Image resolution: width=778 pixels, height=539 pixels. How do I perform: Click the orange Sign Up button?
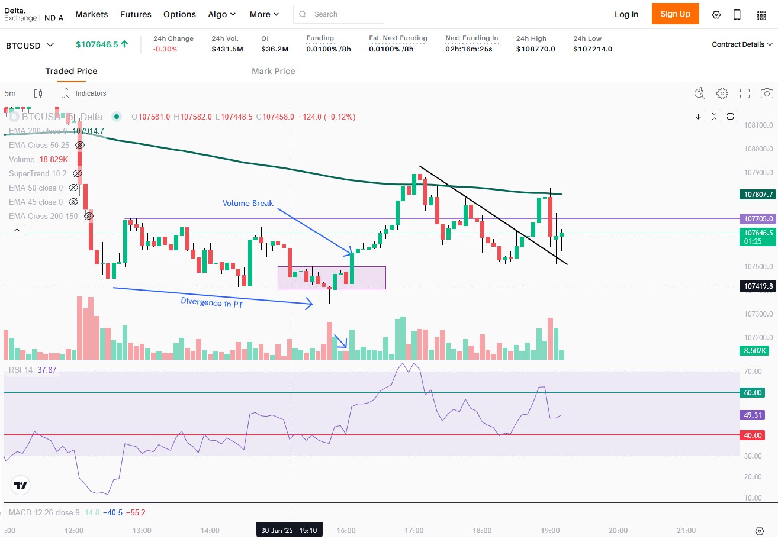pyautogui.click(x=675, y=14)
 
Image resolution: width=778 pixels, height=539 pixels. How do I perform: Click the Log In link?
pyautogui.click(x=626, y=14)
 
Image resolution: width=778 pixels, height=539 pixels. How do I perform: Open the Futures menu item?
pyautogui.click(x=136, y=14)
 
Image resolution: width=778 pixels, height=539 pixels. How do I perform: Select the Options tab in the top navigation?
pyautogui.click(x=179, y=14)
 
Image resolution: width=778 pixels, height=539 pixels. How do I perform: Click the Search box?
pyautogui.click(x=339, y=14)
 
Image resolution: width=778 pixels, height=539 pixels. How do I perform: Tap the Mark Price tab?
pyautogui.click(x=273, y=71)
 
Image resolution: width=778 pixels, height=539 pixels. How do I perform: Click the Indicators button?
pyautogui.click(x=84, y=93)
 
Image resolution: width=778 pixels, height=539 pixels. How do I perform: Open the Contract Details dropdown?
pyautogui.click(x=742, y=44)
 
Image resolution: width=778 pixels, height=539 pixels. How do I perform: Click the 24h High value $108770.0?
pyautogui.click(x=535, y=49)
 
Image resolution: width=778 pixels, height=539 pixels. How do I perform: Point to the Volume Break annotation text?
pyautogui.click(x=247, y=203)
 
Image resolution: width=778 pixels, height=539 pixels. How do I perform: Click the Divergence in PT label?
pyautogui.click(x=212, y=302)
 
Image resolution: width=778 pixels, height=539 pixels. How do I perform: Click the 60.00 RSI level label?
pyautogui.click(x=753, y=392)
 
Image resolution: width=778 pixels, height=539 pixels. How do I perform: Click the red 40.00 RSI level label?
pyautogui.click(x=753, y=435)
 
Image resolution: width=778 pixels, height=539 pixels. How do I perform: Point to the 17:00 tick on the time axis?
pyautogui.click(x=414, y=530)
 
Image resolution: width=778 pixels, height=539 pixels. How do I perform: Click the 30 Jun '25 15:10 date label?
pyautogui.click(x=289, y=530)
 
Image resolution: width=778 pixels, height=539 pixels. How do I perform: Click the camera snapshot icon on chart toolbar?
pyautogui.click(x=767, y=93)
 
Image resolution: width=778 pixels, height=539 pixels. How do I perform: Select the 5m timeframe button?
pyautogui.click(x=10, y=93)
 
